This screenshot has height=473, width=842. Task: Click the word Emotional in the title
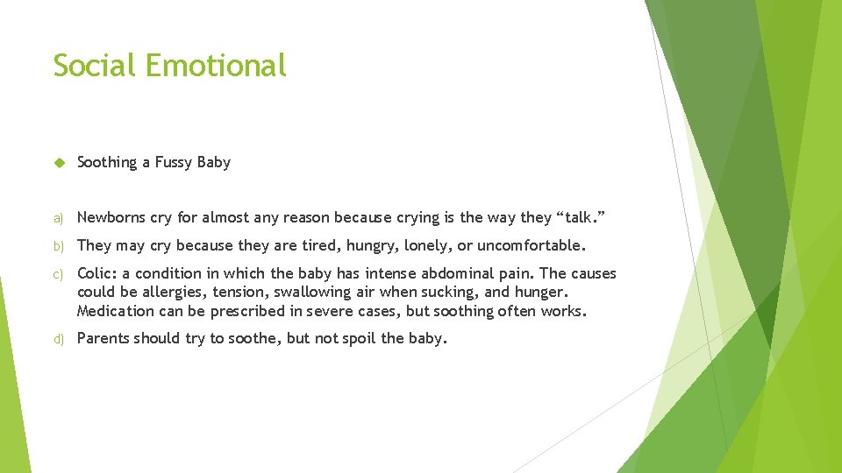click(216, 65)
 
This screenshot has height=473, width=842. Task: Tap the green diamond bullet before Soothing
click(59, 162)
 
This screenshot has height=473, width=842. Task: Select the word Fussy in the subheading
click(174, 162)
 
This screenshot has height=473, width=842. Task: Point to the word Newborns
click(110, 217)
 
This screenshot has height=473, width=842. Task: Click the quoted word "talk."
click(553, 217)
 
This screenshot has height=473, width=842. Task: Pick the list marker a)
click(58, 218)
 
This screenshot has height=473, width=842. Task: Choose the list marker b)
click(58, 245)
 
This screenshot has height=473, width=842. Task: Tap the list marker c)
click(58, 274)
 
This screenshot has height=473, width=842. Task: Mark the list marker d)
click(58, 339)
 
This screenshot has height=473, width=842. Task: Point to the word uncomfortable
click(531, 245)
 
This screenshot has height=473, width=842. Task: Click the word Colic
click(96, 273)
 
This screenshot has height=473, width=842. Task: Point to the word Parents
click(103, 338)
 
